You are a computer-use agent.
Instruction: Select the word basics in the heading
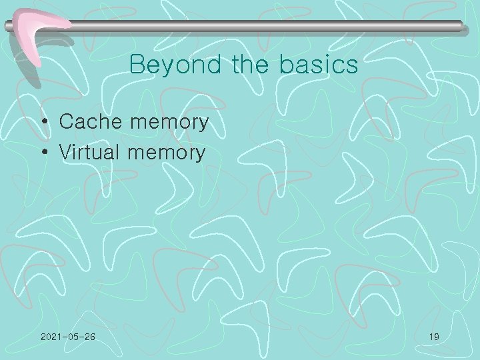click(319, 65)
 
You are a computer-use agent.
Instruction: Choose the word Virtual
click(89, 153)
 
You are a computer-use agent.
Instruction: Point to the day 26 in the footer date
click(89, 337)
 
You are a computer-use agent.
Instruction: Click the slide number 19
click(433, 337)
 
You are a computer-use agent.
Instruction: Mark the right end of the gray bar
click(461, 26)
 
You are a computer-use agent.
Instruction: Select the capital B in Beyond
click(137, 65)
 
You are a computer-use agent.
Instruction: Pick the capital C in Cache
click(65, 122)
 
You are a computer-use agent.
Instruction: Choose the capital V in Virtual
click(65, 153)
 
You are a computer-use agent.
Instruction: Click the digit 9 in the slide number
click(436, 337)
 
